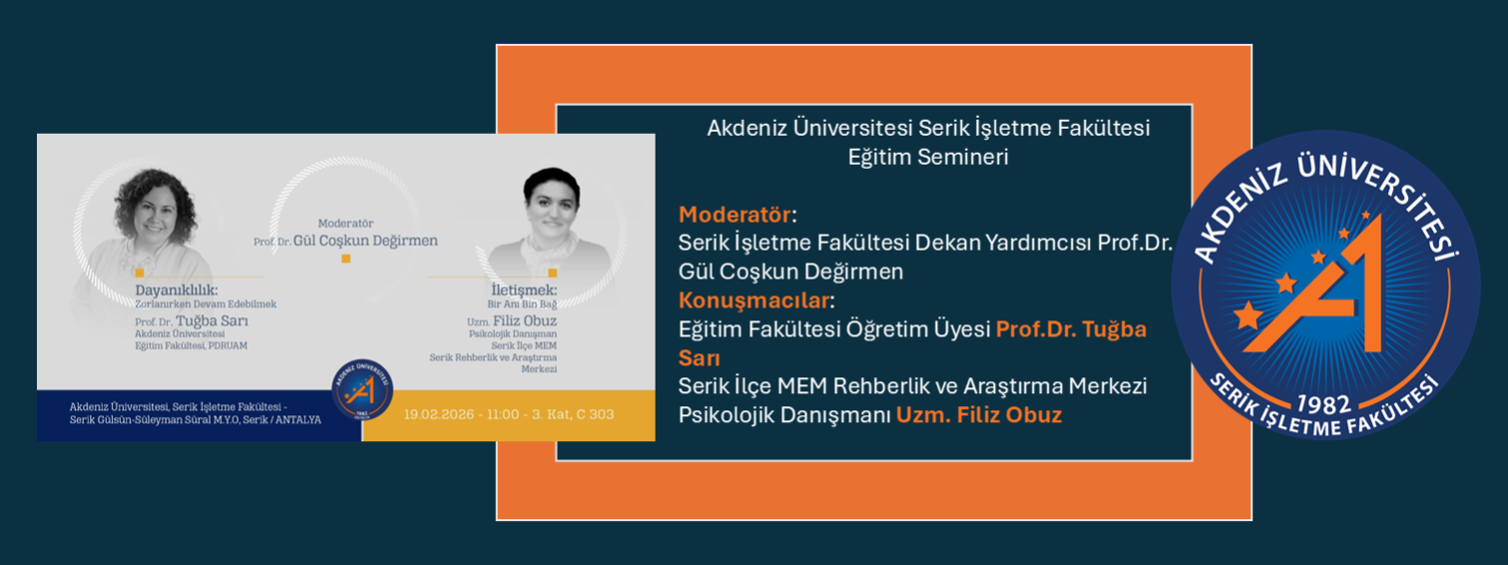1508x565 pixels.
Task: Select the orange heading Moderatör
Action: click(x=734, y=215)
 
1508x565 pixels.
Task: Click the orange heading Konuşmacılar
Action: click(x=753, y=300)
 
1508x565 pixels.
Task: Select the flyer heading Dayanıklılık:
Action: click(x=177, y=290)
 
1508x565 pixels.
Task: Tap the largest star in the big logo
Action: click(x=1248, y=317)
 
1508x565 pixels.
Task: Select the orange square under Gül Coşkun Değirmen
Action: click(x=346, y=259)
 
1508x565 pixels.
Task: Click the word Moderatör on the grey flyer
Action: click(x=345, y=224)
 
